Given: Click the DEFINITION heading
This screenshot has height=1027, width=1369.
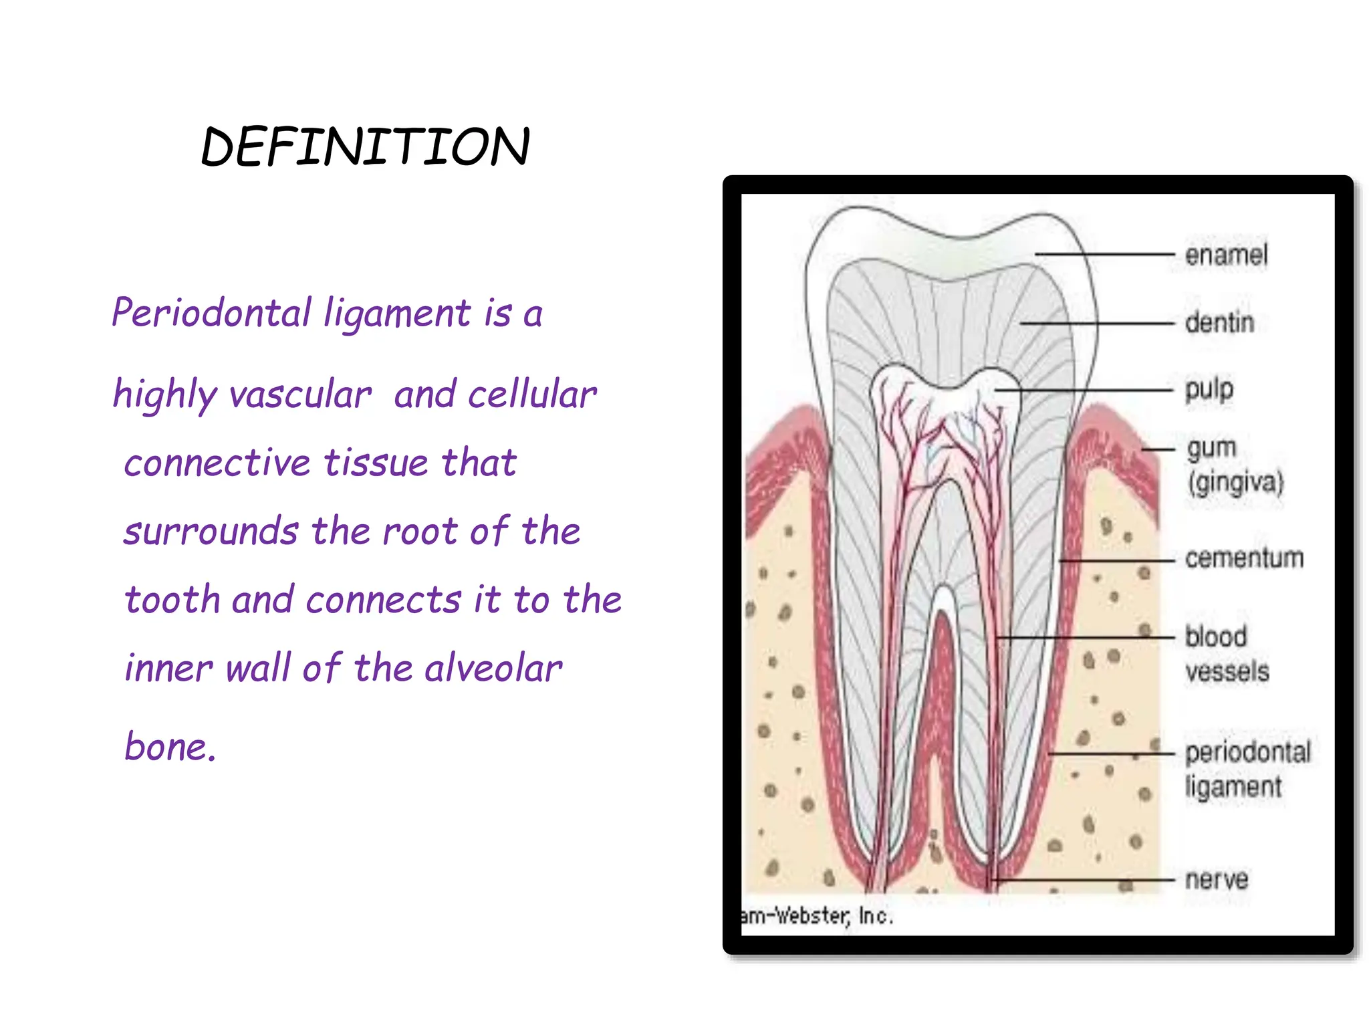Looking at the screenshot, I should pos(365,146).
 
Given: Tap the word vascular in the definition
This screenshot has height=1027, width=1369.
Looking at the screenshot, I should pos(300,394).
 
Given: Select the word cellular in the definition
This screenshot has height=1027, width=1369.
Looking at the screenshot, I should pos(532,394).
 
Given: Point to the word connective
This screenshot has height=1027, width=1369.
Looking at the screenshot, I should pos(217,463).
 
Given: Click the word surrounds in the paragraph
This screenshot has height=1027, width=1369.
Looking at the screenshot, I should pos(211,532).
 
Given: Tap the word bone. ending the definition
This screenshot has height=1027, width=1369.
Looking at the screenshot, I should pos(170,746).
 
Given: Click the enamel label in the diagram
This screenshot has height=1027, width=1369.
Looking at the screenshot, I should pos(1226,255).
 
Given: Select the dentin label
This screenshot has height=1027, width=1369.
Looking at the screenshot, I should pos(1219,322).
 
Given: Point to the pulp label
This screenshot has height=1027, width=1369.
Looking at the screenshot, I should pos(1209,389).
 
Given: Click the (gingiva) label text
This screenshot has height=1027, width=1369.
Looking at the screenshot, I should pos(1235,483).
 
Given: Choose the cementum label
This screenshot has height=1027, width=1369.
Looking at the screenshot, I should pos(1244,558).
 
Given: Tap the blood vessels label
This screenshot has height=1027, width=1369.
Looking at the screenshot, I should pos(1226,654).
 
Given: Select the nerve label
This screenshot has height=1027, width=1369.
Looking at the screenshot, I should pos(1216,879).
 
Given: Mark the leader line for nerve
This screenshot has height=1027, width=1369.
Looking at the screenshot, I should pos(1083,880).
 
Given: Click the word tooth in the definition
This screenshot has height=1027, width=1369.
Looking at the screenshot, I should pos(172,600).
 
